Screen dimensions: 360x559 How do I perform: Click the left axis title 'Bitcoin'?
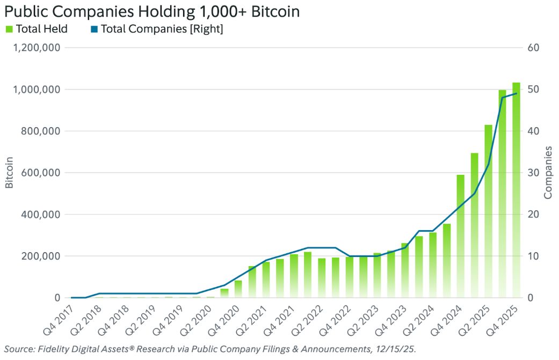9,173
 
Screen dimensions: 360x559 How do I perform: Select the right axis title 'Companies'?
548,173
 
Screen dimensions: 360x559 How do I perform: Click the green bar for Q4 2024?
461,236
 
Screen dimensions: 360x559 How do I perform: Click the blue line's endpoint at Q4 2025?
517,93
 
